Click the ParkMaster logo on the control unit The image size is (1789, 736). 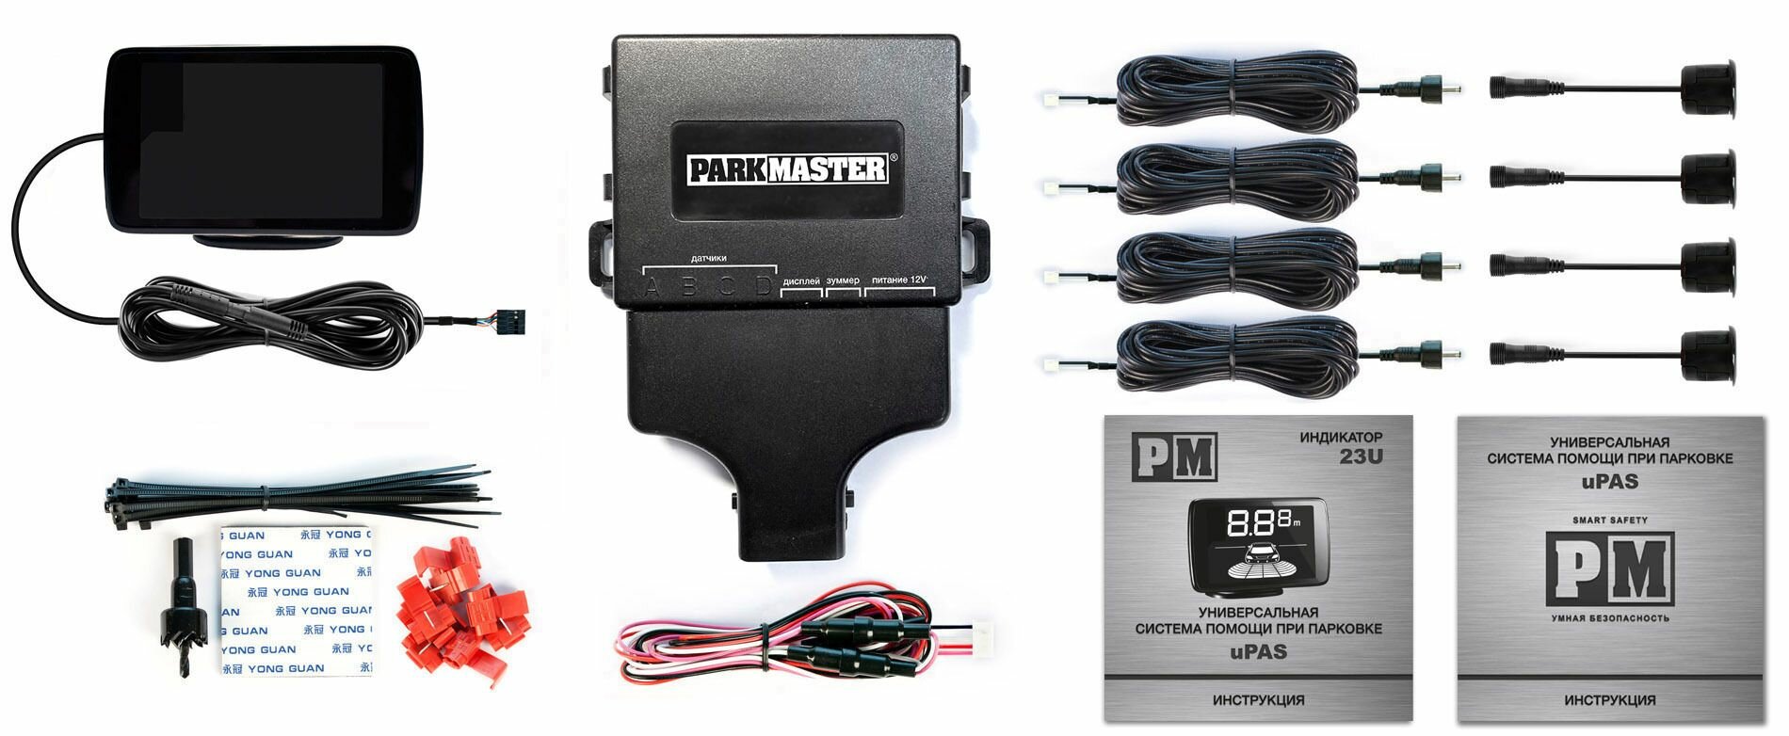coord(788,169)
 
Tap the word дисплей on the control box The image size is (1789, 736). coord(801,280)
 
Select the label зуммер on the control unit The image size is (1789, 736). coord(843,280)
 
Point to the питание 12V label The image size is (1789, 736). coord(900,280)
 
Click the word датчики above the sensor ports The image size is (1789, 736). coord(708,258)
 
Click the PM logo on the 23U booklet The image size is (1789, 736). coord(1174,456)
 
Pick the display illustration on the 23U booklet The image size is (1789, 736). coord(1258,546)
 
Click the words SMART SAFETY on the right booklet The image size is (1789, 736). coord(1609,520)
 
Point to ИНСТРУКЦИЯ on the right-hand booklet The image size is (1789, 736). coord(1609,700)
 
